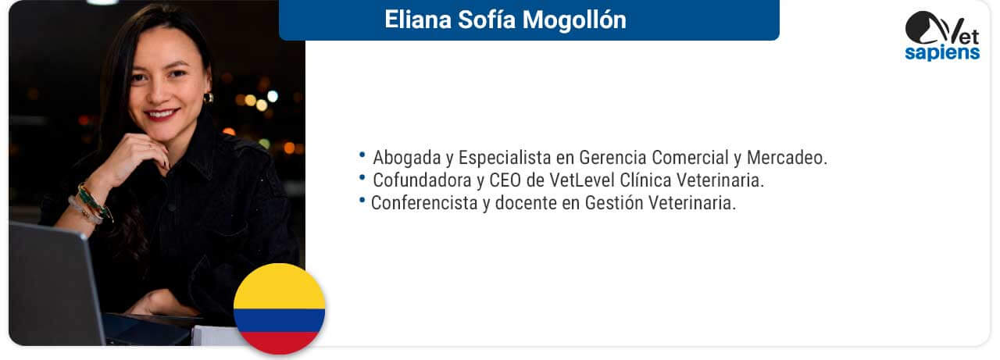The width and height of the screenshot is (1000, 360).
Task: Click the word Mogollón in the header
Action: click(x=574, y=20)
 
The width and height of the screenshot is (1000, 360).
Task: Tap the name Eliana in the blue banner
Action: click(x=418, y=20)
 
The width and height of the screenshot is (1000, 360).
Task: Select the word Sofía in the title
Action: click(x=487, y=20)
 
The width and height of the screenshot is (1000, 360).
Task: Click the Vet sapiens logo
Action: click(x=942, y=36)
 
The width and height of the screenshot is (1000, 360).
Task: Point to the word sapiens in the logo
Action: click(x=942, y=52)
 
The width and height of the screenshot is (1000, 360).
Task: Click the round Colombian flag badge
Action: click(x=280, y=308)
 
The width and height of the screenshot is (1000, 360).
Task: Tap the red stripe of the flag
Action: click(x=280, y=343)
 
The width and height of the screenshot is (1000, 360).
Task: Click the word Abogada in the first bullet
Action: click(x=407, y=158)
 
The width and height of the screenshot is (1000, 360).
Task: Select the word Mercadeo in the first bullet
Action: click(x=787, y=158)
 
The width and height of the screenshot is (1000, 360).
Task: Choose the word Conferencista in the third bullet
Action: click(x=424, y=203)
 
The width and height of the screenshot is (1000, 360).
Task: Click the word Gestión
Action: click(x=614, y=203)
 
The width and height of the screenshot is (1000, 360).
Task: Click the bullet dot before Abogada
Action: click(x=362, y=155)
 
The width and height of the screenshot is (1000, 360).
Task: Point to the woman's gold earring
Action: click(x=209, y=98)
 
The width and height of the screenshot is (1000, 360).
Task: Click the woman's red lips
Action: click(x=161, y=114)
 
